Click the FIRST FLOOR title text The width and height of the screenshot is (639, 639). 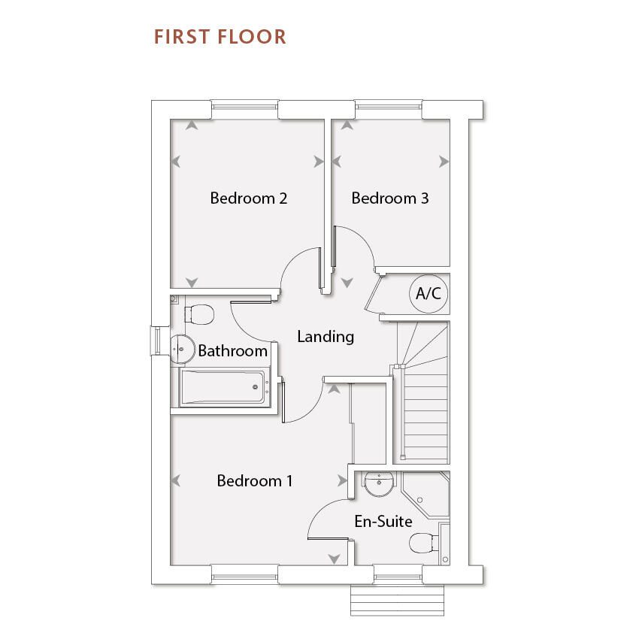click(220, 37)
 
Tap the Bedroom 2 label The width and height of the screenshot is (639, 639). click(248, 198)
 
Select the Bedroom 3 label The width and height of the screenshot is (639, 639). click(389, 198)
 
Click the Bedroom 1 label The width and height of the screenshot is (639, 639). click(254, 480)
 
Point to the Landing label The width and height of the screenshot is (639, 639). click(325, 336)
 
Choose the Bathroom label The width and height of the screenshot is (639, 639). click(232, 351)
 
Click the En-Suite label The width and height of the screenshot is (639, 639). click(383, 521)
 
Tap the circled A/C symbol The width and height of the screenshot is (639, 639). click(429, 294)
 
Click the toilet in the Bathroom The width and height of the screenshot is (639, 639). click(198, 313)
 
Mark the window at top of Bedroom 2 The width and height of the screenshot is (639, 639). click(244, 110)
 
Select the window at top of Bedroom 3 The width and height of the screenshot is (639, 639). click(389, 110)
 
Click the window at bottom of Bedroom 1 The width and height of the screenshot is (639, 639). click(244, 576)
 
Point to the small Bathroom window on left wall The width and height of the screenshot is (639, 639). click(160, 339)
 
